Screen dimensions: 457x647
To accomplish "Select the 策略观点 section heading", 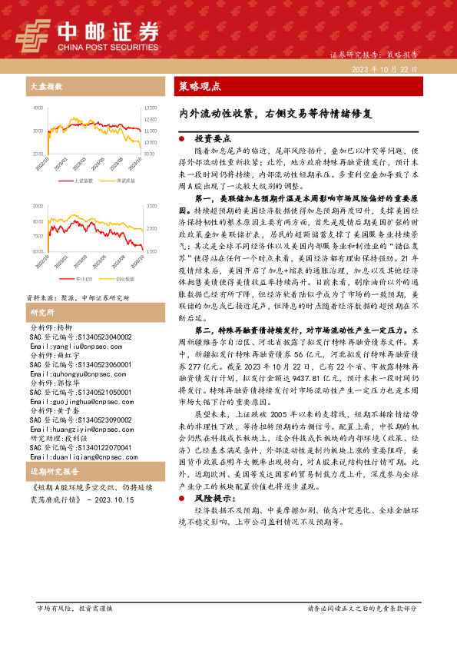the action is [200, 86].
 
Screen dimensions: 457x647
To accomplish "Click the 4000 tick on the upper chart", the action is [38, 109].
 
